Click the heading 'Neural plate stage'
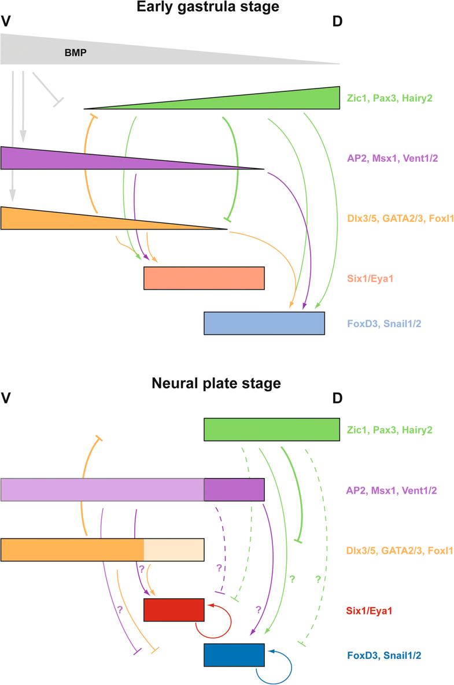click(216, 383)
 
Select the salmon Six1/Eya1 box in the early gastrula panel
click(204, 278)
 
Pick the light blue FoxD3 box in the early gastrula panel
click(264, 323)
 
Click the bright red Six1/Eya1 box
click(174, 609)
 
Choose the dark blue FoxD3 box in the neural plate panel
click(234, 655)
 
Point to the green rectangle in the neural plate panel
click(272, 430)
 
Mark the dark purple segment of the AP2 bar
click(234, 490)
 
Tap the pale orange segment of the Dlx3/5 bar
click(174, 550)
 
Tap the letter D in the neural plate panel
click(338, 399)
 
